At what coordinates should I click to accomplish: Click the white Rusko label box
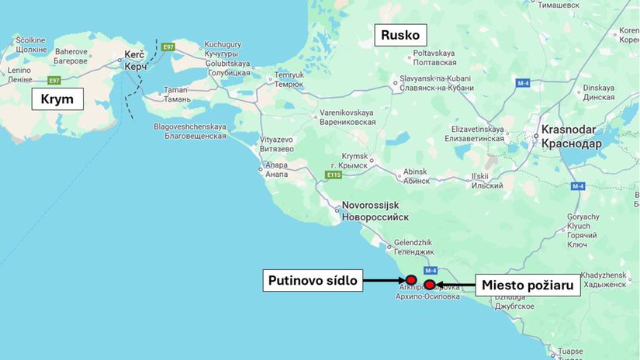pyautogui.click(x=400, y=35)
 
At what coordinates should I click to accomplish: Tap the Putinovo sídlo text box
pyautogui.click(x=314, y=280)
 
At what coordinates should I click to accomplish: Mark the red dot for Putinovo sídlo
pyautogui.click(x=411, y=280)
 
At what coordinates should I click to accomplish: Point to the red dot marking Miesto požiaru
pyautogui.click(x=429, y=285)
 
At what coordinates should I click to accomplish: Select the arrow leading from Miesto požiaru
pyautogui.click(x=455, y=285)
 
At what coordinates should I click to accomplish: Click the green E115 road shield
pyautogui.click(x=333, y=175)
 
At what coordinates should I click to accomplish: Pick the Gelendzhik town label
pyautogui.click(x=413, y=247)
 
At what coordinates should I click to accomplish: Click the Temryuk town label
pyautogui.click(x=289, y=79)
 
